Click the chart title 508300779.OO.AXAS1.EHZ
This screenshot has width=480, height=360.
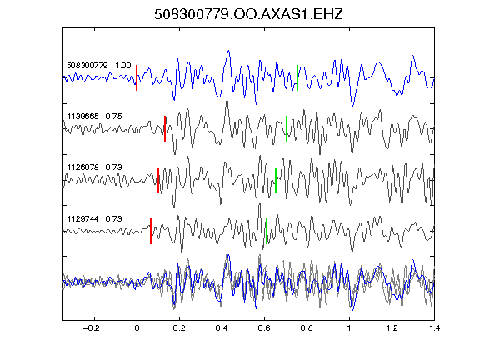(x=248, y=14)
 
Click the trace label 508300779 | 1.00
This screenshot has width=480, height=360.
(x=99, y=66)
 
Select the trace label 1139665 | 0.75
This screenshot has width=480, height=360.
(x=95, y=117)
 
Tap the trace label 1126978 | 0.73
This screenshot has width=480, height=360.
(x=95, y=167)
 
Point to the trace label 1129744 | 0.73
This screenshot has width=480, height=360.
(x=95, y=219)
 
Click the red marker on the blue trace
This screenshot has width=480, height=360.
(x=137, y=77)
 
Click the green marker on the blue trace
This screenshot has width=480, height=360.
(x=297, y=77)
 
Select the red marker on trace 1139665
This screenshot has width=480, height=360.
(x=165, y=128)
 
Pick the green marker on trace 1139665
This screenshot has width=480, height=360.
(x=287, y=128)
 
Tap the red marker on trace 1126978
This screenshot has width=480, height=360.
(x=158, y=180)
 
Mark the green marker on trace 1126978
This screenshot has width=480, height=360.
(x=276, y=180)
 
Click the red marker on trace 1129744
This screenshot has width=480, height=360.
(x=151, y=231)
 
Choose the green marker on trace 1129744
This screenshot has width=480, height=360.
(x=267, y=231)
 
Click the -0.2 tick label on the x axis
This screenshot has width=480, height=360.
(x=92, y=328)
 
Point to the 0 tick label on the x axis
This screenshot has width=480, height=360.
(x=137, y=328)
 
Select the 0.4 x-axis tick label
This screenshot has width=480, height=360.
(x=222, y=328)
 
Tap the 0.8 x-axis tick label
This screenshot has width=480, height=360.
(x=307, y=328)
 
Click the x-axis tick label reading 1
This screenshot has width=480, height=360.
(x=349, y=328)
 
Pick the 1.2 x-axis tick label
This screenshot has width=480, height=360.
(x=392, y=328)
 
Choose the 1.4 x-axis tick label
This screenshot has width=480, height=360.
(x=434, y=328)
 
